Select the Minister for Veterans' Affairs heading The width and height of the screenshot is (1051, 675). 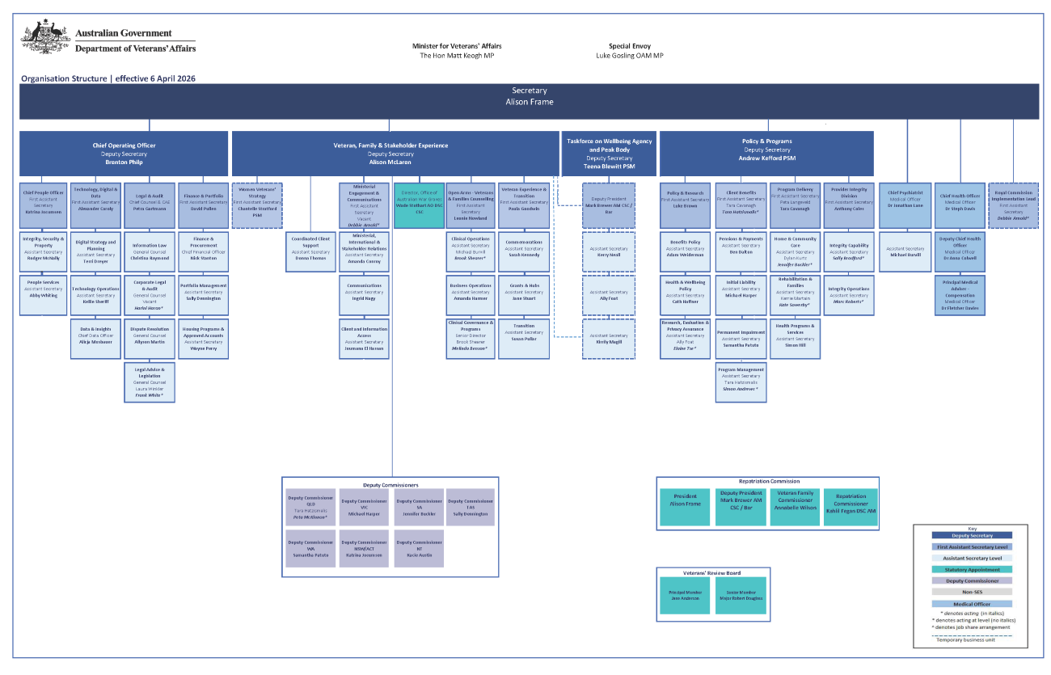coord(456,46)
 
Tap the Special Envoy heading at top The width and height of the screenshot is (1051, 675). coord(629,46)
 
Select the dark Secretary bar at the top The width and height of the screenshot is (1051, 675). coord(529,101)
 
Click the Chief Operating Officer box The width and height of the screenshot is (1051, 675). coord(124,154)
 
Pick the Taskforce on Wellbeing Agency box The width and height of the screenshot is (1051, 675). coord(609,154)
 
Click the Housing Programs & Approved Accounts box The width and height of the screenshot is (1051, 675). coord(202,339)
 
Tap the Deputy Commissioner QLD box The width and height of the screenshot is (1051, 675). coord(310,507)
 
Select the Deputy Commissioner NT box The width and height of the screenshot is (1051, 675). coord(419,550)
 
